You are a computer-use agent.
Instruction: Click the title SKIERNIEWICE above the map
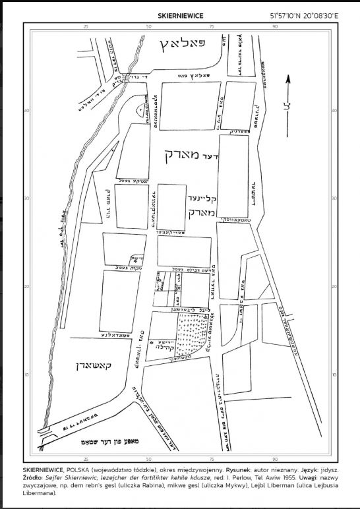coord(180,14)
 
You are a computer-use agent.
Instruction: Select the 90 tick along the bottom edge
coord(275,457)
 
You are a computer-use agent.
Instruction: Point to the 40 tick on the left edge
coord(26,110)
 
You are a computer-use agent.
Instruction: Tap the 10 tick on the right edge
coord(332,374)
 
